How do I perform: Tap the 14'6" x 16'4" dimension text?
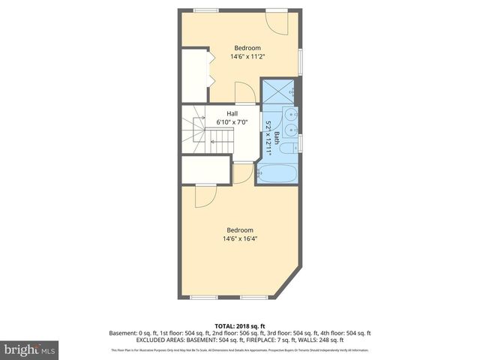[x=239, y=239]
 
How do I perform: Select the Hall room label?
[x=232, y=113]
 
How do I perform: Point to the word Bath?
[x=277, y=137]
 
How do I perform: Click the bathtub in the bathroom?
[x=277, y=172]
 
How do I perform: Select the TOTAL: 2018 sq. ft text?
[x=239, y=326]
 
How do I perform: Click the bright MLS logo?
[x=29, y=349]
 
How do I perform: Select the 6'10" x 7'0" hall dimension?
[x=232, y=121]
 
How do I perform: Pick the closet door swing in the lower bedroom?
[x=205, y=196]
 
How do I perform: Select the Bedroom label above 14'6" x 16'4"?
[x=239, y=230]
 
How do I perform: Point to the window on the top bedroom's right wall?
[x=299, y=61]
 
